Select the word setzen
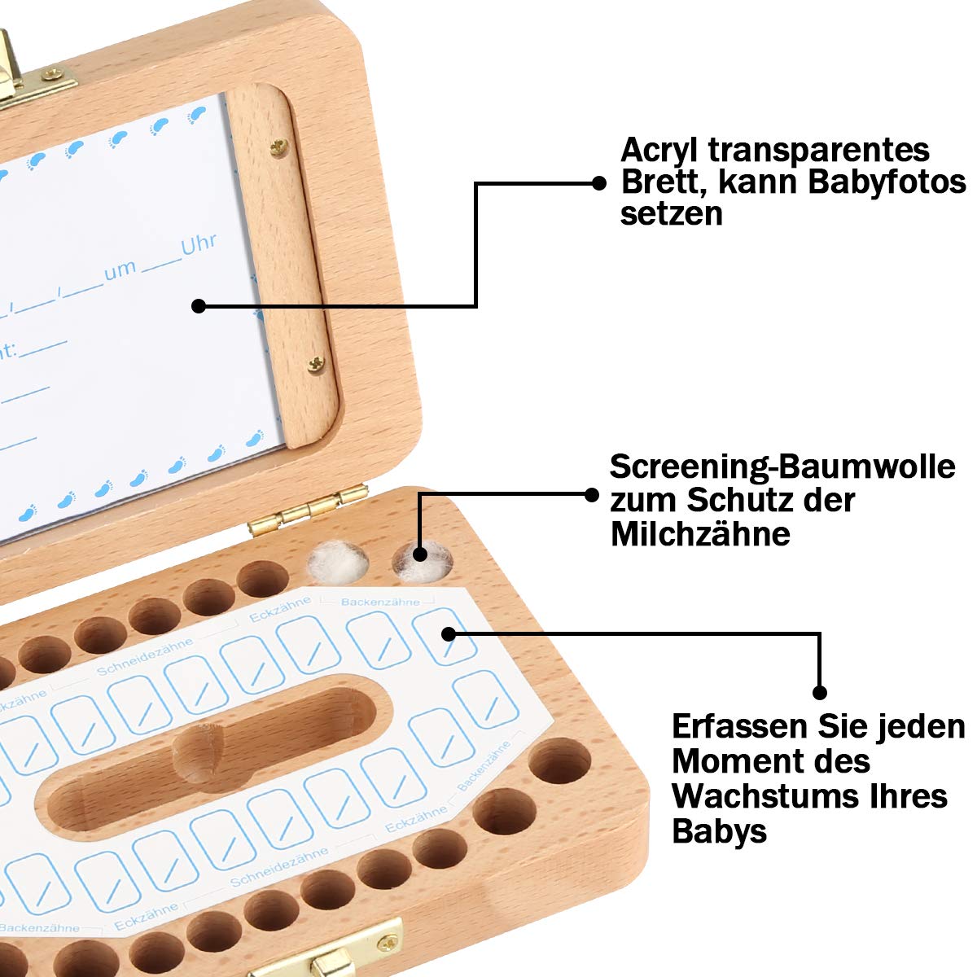click(x=671, y=214)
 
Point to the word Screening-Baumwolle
click(x=782, y=467)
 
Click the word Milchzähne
click(x=700, y=534)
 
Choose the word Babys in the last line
click(x=719, y=831)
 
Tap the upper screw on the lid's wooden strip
click(x=279, y=146)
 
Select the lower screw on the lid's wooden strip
click(x=318, y=363)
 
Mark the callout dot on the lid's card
click(x=199, y=306)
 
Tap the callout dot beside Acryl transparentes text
click(x=598, y=183)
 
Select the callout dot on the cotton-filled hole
click(x=420, y=554)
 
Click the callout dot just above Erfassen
click(x=820, y=692)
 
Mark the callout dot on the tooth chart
click(x=446, y=633)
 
